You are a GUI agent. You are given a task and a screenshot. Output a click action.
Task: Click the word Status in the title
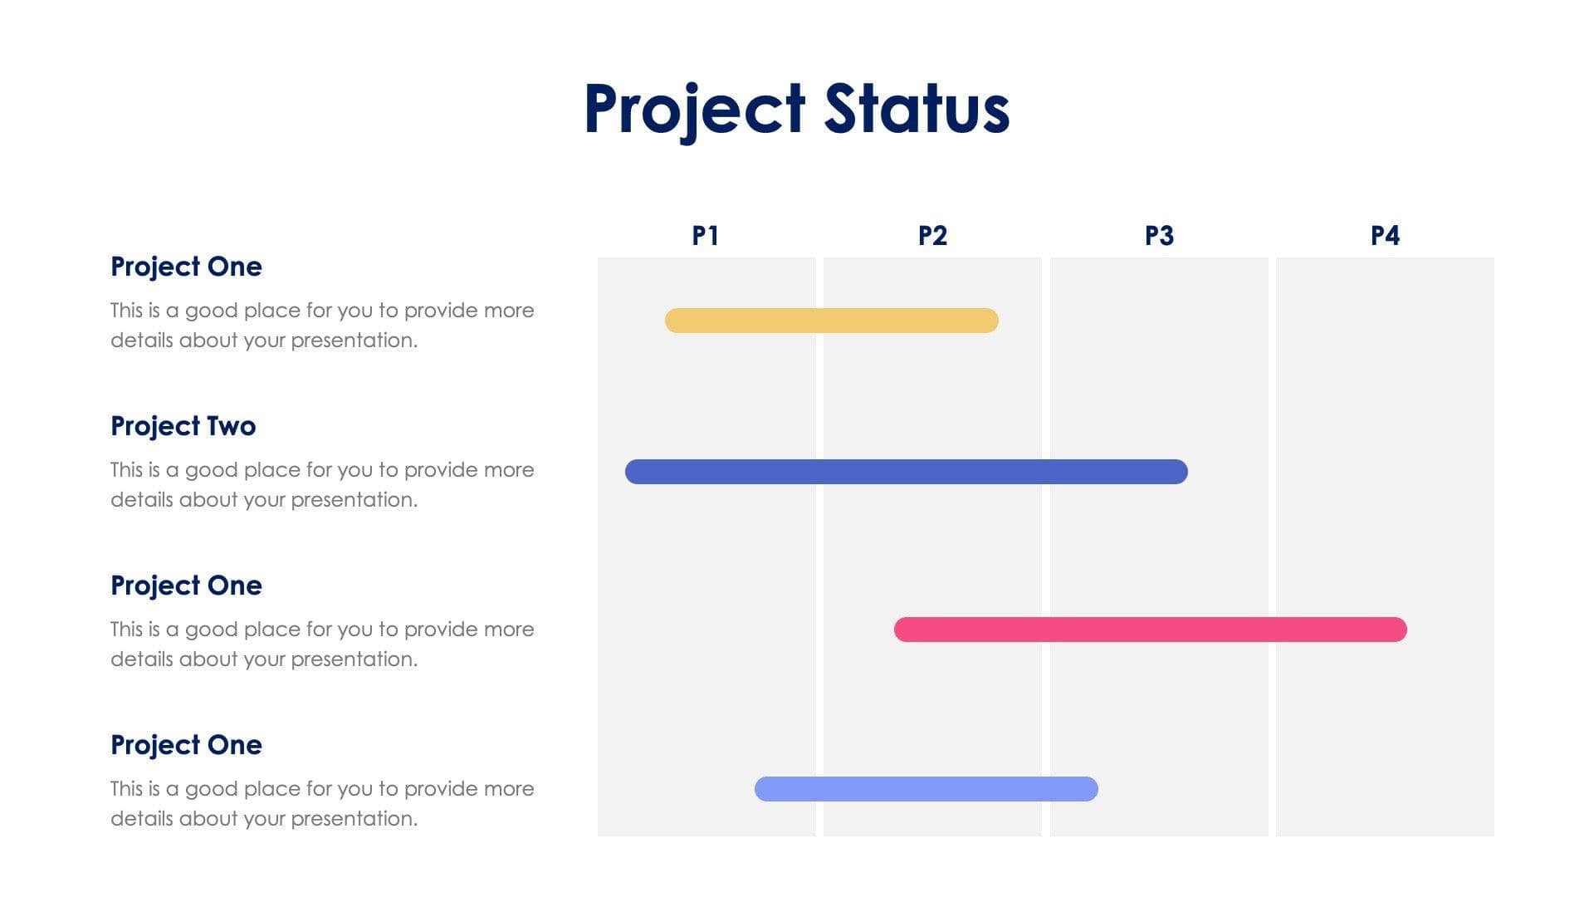[x=917, y=108]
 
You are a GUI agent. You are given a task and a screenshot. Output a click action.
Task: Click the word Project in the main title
[x=694, y=110]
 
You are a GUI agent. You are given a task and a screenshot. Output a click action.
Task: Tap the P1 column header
[x=706, y=236]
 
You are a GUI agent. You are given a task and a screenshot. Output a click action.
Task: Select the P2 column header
[x=932, y=236]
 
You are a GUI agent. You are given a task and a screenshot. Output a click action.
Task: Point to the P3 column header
[x=1159, y=236]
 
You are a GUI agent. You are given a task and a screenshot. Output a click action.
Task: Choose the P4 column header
[x=1385, y=236]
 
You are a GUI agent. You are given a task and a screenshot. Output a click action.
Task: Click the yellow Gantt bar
[x=831, y=321]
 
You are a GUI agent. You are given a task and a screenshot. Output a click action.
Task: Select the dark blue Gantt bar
[x=906, y=472]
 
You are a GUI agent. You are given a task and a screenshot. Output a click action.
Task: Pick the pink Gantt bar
[x=1150, y=630]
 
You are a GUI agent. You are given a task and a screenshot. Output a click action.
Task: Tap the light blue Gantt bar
[x=926, y=789]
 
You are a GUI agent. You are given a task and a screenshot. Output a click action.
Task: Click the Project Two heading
[x=183, y=426]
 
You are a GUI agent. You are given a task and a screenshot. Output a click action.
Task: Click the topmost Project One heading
[x=186, y=267]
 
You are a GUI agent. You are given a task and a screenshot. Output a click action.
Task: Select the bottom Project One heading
[x=186, y=745]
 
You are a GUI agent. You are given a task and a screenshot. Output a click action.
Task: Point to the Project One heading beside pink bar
[x=186, y=586]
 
